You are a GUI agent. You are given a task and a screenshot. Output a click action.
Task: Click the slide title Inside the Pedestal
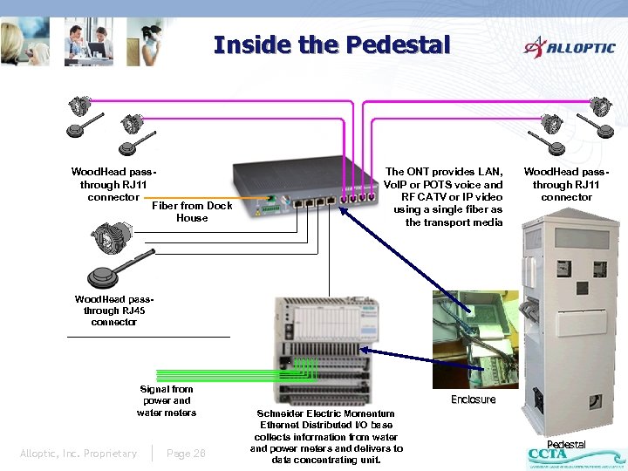point(331,44)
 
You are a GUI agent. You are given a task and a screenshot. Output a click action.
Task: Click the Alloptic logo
point(569,47)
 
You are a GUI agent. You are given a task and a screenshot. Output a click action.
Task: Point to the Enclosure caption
point(473,399)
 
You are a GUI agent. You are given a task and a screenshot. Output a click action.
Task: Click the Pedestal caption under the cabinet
point(566,444)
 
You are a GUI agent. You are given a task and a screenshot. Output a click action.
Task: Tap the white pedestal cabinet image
point(570,323)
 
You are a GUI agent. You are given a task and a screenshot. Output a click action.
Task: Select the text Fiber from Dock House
point(192,212)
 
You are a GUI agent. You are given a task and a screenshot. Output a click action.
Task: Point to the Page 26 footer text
point(186,453)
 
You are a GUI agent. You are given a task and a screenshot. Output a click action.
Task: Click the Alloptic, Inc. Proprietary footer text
point(78,453)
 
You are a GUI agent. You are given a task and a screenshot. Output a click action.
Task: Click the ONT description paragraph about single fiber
point(443,197)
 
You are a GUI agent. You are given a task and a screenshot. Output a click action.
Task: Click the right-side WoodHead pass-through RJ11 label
point(566,185)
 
